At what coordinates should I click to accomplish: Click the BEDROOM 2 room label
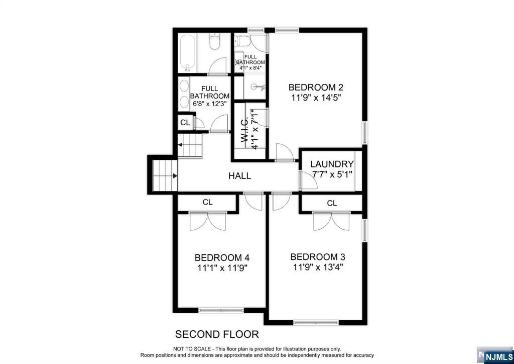[x=316, y=87]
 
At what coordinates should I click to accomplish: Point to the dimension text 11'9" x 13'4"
[x=318, y=267]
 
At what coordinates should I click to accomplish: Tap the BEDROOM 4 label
[x=222, y=257]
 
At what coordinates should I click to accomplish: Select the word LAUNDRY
[x=332, y=164]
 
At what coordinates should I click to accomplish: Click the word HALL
[x=239, y=176]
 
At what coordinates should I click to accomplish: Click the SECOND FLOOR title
[x=217, y=334]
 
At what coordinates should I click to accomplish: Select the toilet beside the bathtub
[x=214, y=42]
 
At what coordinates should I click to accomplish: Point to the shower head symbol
[x=259, y=87]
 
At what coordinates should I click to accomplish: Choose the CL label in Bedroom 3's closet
[x=332, y=203]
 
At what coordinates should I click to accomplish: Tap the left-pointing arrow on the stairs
[x=180, y=144]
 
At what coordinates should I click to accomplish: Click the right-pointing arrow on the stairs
[x=175, y=176]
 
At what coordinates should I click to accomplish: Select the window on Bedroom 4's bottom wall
[x=221, y=310]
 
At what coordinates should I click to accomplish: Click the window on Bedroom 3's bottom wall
[x=316, y=323]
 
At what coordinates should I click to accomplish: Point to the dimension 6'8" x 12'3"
[x=210, y=104]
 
